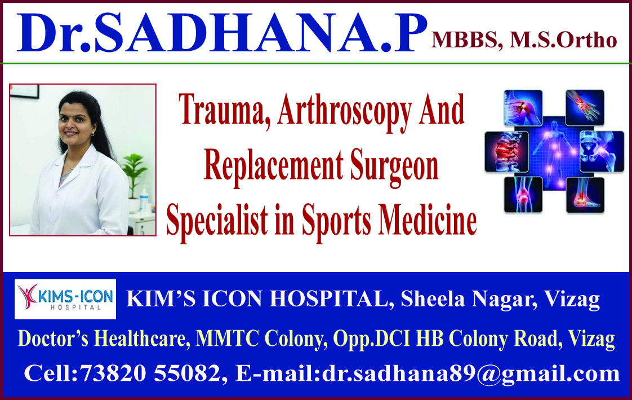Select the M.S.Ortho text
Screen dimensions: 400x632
coord(563,41)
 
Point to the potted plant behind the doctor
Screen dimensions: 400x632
coord(133,169)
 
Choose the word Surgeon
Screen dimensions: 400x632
coord(394,167)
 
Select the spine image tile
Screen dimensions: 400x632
coord(506,151)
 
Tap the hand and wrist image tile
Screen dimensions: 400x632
coord(585,107)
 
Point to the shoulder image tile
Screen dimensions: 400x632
coord(523,107)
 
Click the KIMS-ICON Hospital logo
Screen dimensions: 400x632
coord(65,299)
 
